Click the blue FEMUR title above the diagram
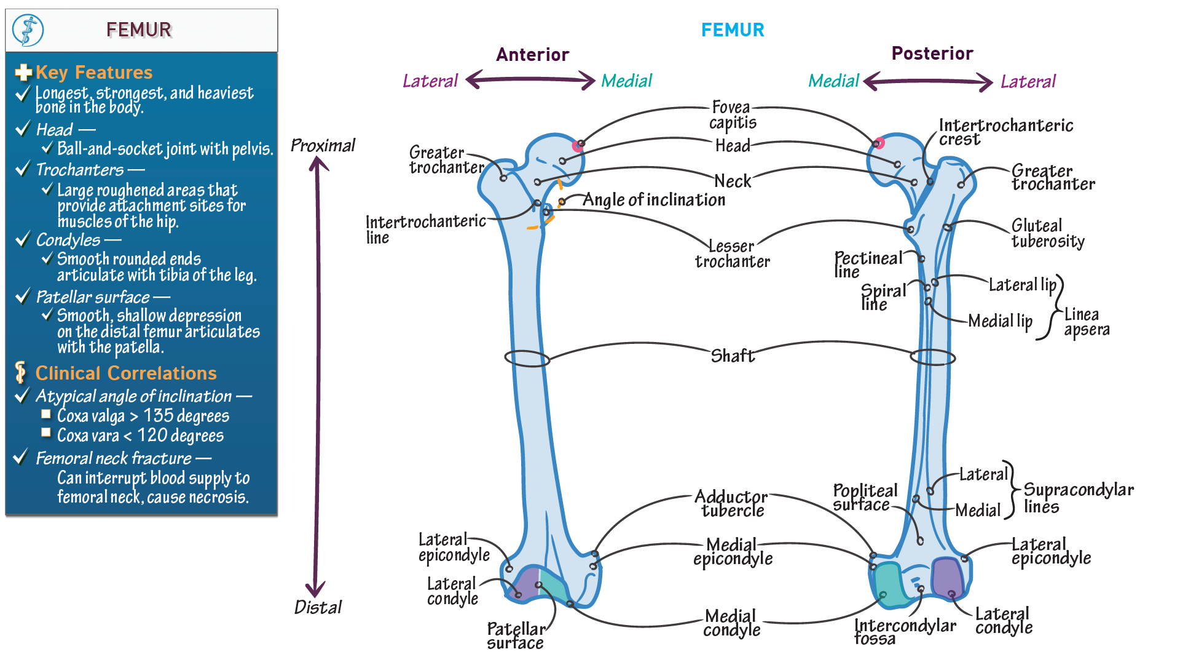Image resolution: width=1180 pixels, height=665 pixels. pos(733,30)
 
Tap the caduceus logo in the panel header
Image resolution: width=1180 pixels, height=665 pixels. pos(28,30)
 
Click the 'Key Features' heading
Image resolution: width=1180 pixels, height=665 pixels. pos(93,73)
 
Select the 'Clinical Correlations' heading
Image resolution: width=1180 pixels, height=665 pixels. pos(125,373)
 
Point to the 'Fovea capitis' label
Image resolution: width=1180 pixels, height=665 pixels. pos(732,115)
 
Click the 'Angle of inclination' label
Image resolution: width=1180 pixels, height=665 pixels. pos(653,200)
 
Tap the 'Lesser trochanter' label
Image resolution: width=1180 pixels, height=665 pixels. pos(732,253)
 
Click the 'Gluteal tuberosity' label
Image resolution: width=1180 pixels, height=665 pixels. pos(1047,233)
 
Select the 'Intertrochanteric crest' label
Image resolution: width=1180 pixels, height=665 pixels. pos(1005,132)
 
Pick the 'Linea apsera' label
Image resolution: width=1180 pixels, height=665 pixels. pos(1086,322)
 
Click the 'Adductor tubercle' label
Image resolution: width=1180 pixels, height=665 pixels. pos(731,503)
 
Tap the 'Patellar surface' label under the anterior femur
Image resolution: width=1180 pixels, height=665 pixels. pos(516,635)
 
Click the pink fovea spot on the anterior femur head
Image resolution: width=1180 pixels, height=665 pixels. pos(577,146)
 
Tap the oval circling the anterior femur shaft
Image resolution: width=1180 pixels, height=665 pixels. pos(527,358)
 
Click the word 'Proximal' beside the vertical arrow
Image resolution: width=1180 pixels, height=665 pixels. pos(323,146)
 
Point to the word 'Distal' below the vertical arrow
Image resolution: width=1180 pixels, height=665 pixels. pos(318,607)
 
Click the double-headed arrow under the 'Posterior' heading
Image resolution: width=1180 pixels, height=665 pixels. pos(928,81)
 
